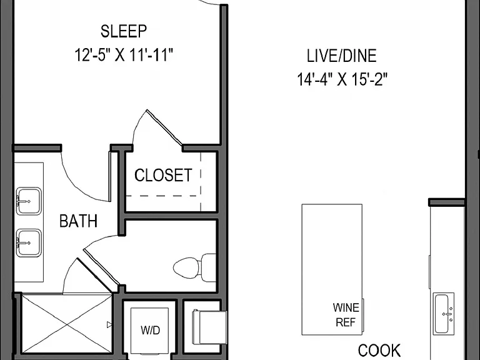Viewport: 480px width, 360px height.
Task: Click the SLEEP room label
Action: (124, 31)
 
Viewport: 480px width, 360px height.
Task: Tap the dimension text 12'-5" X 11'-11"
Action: (124, 56)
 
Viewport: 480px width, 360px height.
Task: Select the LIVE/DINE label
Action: (342, 56)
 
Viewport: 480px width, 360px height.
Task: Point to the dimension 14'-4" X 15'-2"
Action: (342, 79)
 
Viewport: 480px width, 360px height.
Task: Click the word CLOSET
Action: (163, 175)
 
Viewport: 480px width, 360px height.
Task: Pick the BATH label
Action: (78, 221)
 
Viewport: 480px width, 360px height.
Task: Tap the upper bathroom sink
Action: (29, 201)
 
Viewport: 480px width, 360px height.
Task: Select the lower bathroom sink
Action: (29, 242)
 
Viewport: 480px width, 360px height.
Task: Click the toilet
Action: (195, 267)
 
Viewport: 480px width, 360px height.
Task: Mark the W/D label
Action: (150, 330)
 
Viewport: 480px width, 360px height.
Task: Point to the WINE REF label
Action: (346, 315)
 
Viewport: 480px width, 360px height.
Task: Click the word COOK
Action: (379, 351)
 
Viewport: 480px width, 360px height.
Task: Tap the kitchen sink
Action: (443, 314)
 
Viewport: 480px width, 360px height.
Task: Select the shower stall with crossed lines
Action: (67, 324)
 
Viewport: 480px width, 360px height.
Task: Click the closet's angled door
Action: (164, 127)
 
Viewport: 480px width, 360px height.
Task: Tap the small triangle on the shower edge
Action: (109, 324)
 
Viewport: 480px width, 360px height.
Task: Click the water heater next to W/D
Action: (210, 327)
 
